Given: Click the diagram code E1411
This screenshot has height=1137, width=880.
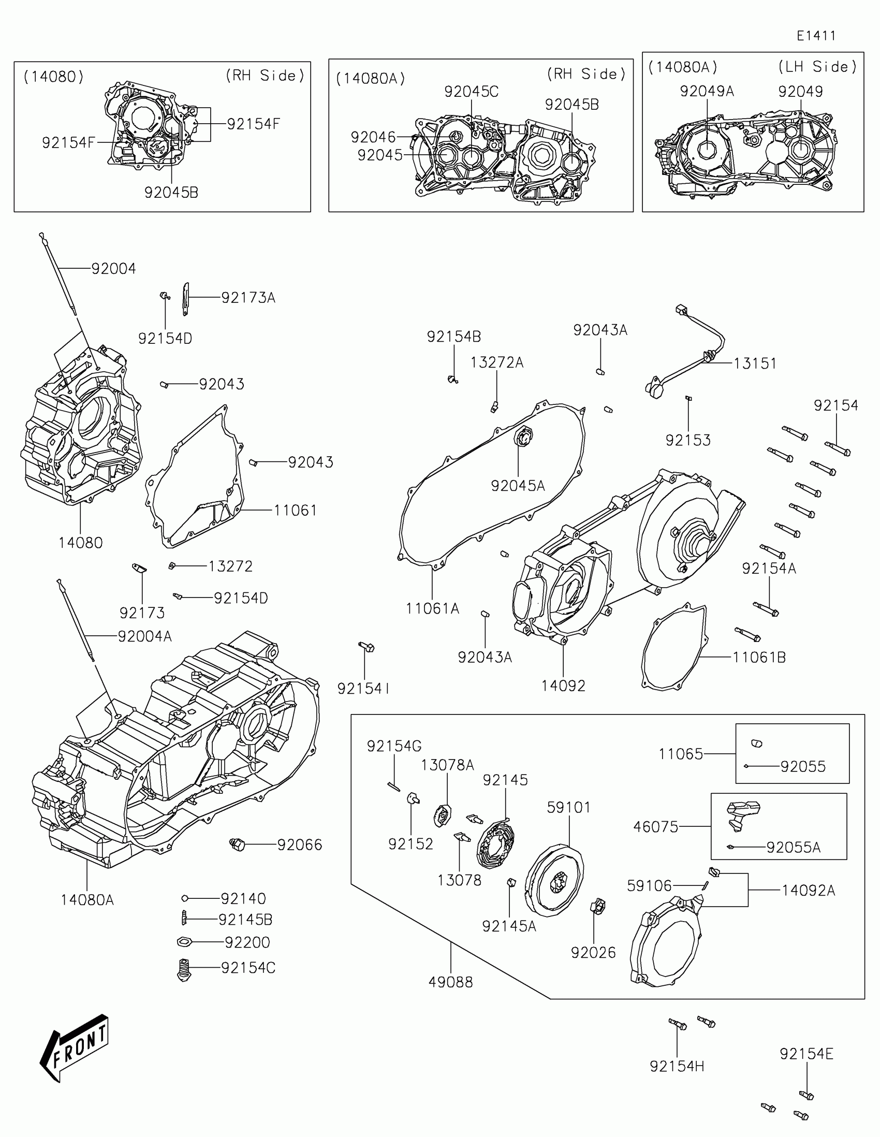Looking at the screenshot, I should coord(816,36).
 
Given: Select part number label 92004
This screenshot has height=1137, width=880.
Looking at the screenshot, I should coord(113,269).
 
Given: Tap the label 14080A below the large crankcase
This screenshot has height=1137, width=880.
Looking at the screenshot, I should coord(87,899).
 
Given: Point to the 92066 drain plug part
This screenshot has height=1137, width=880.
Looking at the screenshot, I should coord(238,844).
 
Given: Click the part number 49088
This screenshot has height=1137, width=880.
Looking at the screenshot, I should coord(451,982).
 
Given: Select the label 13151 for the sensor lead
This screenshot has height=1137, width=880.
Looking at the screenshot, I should coord(755,363).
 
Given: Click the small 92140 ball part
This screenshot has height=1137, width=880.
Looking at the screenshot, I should coord(184,898).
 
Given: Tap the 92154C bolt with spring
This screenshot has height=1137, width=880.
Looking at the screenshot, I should coord(183,969).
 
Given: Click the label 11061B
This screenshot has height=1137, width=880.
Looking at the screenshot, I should coord(759,657).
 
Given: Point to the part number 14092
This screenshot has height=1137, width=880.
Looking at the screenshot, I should coord(563,686).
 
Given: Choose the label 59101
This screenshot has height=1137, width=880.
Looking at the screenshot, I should coord(568,808).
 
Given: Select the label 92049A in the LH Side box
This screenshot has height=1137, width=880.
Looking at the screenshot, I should coord(707,91).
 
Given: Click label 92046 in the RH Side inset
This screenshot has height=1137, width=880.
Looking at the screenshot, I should coord(373,137).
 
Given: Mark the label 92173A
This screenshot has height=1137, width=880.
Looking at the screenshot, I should coord(248,298).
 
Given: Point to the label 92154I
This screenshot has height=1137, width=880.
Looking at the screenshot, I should coord(363,688).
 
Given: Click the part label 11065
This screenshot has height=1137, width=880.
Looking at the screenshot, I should coord(681,753).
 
